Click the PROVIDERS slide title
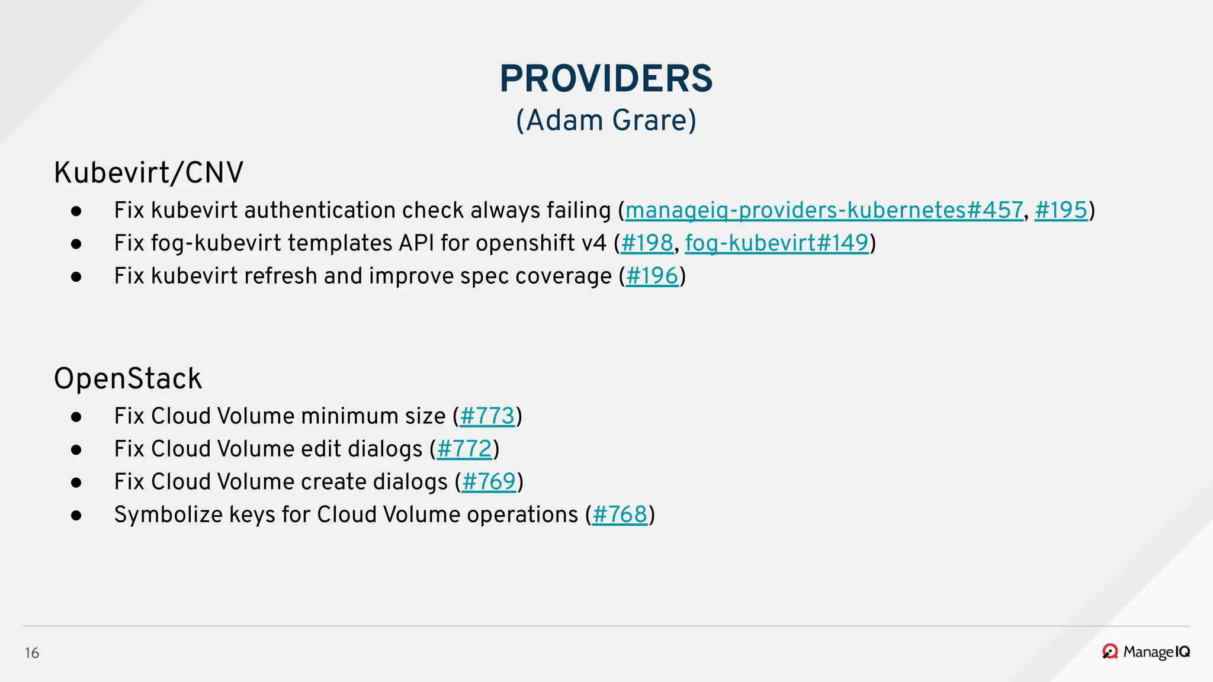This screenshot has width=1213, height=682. (606, 79)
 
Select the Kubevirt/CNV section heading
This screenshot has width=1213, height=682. (149, 173)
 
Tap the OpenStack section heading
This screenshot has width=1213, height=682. (128, 378)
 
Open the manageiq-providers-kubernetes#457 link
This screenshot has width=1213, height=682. (824, 210)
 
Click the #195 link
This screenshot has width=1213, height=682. (1061, 210)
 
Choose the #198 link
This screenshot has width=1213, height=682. (647, 243)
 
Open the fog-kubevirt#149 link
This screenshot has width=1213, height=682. (776, 243)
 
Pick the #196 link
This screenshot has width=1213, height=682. (652, 276)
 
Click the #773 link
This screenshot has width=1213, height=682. (487, 416)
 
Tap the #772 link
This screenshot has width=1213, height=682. (464, 449)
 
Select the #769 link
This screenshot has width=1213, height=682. (489, 482)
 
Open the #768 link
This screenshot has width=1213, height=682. (620, 514)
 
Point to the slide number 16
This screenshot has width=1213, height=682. (32, 653)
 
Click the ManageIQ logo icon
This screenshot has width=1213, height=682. (1110, 652)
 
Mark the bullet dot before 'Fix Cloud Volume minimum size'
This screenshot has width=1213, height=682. (76, 417)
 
